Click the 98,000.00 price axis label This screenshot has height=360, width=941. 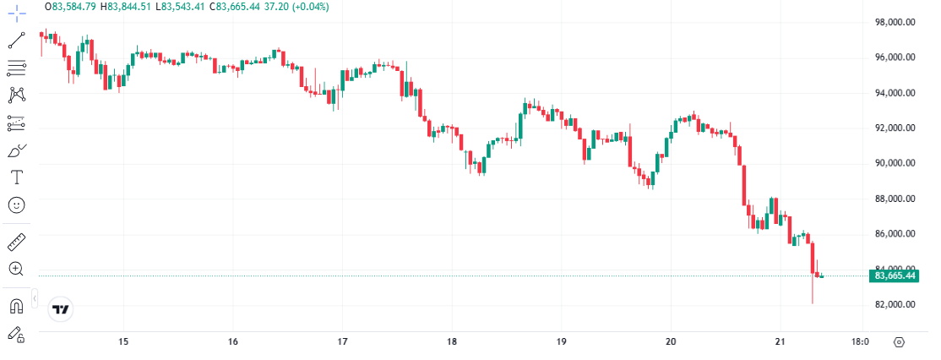click(x=895, y=23)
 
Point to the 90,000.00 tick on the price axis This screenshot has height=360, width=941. click(x=895, y=163)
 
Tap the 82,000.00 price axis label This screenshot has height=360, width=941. click(x=895, y=304)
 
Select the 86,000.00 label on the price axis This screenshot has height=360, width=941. click(x=895, y=234)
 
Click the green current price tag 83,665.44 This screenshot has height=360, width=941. click(x=895, y=275)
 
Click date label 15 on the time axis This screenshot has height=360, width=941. click(x=123, y=342)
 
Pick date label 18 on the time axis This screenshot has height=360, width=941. click(x=452, y=342)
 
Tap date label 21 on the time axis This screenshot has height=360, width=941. click(x=781, y=342)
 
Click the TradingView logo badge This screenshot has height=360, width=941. click(x=60, y=310)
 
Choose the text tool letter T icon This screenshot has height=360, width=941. click(x=16, y=177)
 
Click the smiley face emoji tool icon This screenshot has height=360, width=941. click(x=16, y=205)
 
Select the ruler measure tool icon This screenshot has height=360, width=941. click(x=16, y=243)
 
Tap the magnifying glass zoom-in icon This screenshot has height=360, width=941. click(x=16, y=269)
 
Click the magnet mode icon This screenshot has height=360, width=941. click(x=16, y=305)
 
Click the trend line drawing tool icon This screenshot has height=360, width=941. click(x=16, y=40)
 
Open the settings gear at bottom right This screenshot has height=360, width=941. click(x=899, y=342)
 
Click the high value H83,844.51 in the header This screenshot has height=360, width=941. click(x=125, y=7)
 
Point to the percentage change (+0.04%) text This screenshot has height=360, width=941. click(x=308, y=7)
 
